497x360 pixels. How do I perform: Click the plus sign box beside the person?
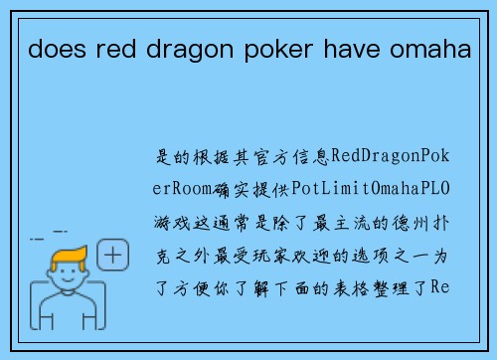(x=115, y=255)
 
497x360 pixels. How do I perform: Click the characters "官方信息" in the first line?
(x=294, y=157)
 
